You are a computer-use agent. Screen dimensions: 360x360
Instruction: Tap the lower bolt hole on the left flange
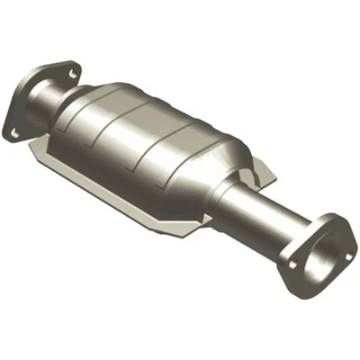[15, 131]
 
